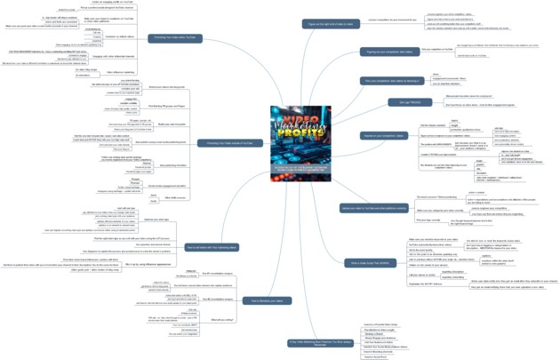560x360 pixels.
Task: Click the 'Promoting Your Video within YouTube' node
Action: (x=176, y=38)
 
